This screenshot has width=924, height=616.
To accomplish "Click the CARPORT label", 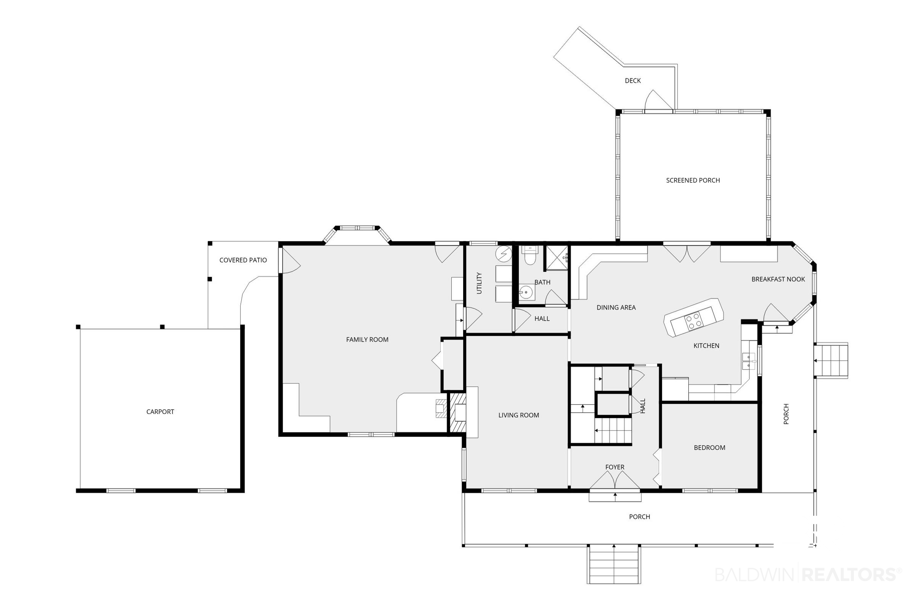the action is point(160,412).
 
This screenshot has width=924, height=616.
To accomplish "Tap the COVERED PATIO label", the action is point(243,260).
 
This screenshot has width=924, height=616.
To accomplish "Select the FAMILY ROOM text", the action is point(367,339).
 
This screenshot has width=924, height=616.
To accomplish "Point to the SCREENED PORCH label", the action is point(693,180).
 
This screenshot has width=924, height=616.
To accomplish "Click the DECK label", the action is point(632,80).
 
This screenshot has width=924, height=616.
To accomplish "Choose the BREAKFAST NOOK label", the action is point(778,279).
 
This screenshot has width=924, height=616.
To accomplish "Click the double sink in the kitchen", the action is point(749,361).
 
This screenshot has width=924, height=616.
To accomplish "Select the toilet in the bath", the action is point(530,255).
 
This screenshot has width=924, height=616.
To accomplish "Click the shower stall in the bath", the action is point(557,258).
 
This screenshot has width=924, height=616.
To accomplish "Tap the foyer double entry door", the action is point(615,480).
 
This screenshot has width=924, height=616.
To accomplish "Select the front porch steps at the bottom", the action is point(614,565).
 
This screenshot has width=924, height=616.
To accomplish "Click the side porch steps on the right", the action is point(831,361).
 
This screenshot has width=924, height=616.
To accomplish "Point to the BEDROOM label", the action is point(709,448).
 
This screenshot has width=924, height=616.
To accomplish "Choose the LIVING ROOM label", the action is point(518,415).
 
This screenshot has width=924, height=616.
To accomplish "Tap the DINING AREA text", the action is point(616,308).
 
